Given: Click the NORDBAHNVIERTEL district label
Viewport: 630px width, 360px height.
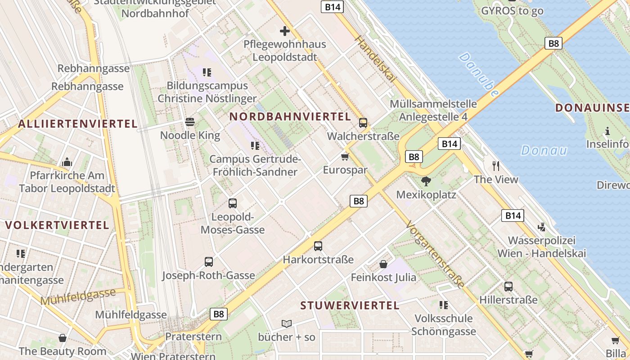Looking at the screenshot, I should [290, 117].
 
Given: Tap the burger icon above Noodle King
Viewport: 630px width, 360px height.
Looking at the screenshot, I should [190, 122].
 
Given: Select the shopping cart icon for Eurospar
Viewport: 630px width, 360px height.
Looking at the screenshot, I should [345, 157].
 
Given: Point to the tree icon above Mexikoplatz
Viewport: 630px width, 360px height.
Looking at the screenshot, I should [426, 181].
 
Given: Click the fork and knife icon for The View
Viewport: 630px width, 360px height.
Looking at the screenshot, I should [496, 166].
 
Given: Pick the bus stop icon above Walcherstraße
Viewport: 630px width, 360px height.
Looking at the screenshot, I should [363, 122].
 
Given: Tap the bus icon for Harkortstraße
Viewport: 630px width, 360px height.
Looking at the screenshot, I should [318, 246].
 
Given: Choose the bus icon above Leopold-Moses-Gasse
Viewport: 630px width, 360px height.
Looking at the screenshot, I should [233, 203].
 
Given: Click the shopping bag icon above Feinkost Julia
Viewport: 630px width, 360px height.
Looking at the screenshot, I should [383, 264].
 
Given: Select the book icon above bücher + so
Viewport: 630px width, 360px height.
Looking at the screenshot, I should [287, 324].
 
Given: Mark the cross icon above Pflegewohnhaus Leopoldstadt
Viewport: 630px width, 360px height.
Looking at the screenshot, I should [285, 31].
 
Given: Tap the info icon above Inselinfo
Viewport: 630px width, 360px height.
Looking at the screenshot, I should [607, 131].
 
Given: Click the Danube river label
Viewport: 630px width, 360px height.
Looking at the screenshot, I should [480, 74].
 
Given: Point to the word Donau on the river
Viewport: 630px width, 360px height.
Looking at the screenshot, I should [544, 150].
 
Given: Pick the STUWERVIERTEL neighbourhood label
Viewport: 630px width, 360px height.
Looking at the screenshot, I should [350, 306].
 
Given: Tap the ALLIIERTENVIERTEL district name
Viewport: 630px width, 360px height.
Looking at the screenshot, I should [78, 124].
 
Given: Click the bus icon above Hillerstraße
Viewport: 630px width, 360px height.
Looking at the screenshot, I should [508, 287].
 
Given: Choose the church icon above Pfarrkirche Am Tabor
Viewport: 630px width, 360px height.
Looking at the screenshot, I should [67, 162].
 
